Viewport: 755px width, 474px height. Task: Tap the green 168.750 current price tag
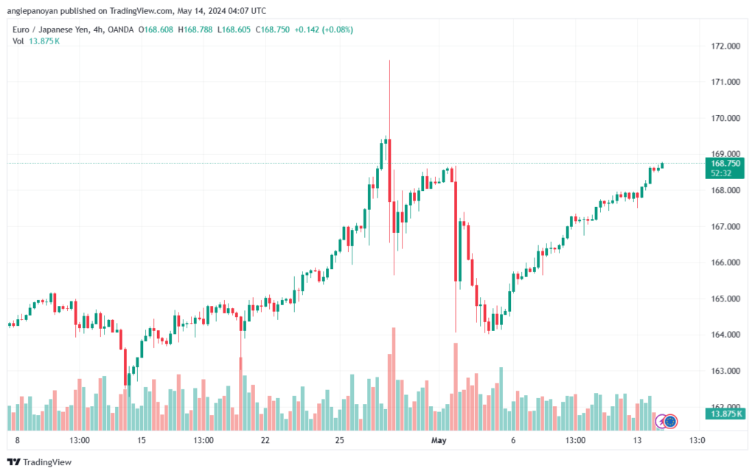[725, 163]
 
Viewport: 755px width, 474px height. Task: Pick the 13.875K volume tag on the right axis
[725, 414]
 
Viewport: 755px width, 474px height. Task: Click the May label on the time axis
[439, 441]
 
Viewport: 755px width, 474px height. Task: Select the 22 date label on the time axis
[265, 441]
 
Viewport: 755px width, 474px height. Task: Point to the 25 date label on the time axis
[339, 441]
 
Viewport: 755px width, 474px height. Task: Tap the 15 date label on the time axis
[142, 441]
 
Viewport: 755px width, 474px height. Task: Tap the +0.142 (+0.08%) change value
[324, 29]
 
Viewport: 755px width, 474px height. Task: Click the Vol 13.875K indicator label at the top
[36, 41]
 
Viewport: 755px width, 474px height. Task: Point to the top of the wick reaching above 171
[389, 60]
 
